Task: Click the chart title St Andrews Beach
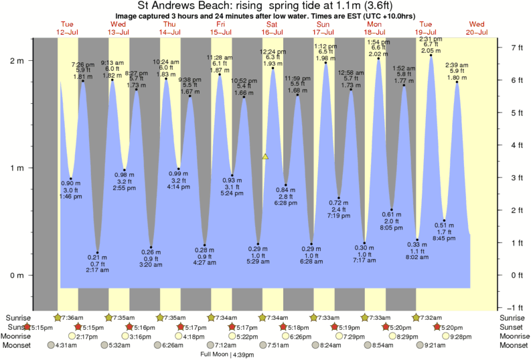point(266,6)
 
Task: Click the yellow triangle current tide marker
point(265,157)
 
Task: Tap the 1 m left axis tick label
point(17,168)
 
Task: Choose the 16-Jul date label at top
point(273,32)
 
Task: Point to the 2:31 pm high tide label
point(431,39)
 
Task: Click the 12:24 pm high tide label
point(272,51)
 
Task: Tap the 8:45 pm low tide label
point(444,238)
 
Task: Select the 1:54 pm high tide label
point(379,42)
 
